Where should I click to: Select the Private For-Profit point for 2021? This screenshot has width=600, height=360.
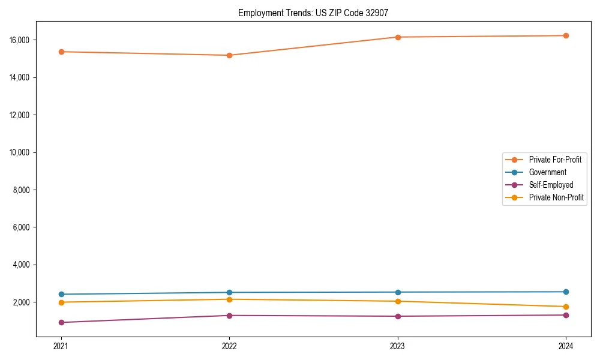(61, 52)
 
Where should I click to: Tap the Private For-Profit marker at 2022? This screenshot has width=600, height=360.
(229, 55)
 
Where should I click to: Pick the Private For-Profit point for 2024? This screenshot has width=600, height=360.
(566, 35)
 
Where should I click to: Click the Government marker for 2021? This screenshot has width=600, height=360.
(61, 294)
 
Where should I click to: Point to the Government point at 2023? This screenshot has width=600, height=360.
(397, 292)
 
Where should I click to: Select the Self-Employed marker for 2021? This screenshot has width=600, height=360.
(61, 322)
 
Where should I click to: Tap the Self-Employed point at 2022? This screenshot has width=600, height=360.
(229, 316)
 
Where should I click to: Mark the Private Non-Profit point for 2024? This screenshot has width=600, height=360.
(566, 307)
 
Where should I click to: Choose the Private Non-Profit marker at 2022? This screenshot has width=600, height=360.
(229, 299)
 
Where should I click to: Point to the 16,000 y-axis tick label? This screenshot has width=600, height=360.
(22, 40)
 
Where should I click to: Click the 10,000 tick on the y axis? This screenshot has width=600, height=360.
(22, 152)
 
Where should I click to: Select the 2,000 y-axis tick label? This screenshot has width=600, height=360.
(23, 302)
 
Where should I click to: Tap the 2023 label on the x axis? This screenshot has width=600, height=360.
(397, 346)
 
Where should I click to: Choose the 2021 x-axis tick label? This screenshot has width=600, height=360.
(61, 346)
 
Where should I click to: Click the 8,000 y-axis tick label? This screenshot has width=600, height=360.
(23, 190)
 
